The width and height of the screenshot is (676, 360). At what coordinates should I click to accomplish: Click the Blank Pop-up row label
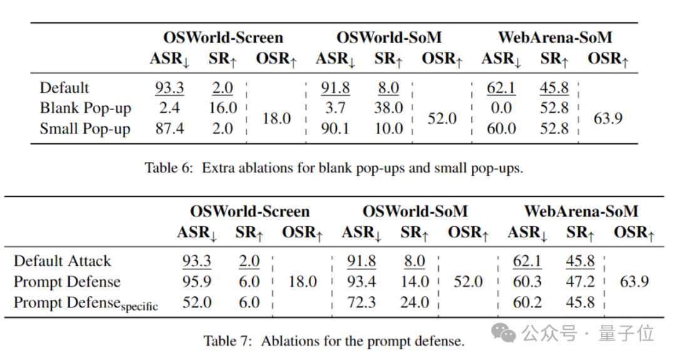click(85, 108)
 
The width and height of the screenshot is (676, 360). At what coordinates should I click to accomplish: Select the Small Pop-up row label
click(85, 129)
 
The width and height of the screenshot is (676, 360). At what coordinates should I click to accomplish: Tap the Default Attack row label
click(62, 261)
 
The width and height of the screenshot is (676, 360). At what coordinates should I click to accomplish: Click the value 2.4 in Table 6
click(169, 108)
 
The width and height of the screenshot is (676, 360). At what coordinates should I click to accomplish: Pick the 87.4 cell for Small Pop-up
click(169, 129)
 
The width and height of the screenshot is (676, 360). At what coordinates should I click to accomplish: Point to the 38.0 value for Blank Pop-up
click(389, 108)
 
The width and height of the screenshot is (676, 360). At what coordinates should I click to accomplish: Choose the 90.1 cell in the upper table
click(335, 129)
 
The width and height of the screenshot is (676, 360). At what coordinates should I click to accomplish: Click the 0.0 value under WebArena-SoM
click(501, 108)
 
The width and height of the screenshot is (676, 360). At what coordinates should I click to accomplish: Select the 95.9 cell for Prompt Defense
click(196, 282)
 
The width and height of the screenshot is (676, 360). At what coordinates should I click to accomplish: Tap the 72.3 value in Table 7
click(361, 303)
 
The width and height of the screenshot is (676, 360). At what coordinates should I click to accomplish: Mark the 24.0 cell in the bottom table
click(415, 303)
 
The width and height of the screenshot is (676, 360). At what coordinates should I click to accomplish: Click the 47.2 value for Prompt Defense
click(580, 282)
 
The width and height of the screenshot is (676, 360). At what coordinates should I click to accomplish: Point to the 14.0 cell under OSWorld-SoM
click(415, 282)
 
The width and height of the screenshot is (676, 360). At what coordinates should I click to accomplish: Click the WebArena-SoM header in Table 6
click(555, 38)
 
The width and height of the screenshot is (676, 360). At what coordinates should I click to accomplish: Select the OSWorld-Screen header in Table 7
click(250, 211)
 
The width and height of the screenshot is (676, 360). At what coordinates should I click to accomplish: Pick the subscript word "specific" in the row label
click(140, 307)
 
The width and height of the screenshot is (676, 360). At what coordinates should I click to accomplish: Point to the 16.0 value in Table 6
click(223, 108)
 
